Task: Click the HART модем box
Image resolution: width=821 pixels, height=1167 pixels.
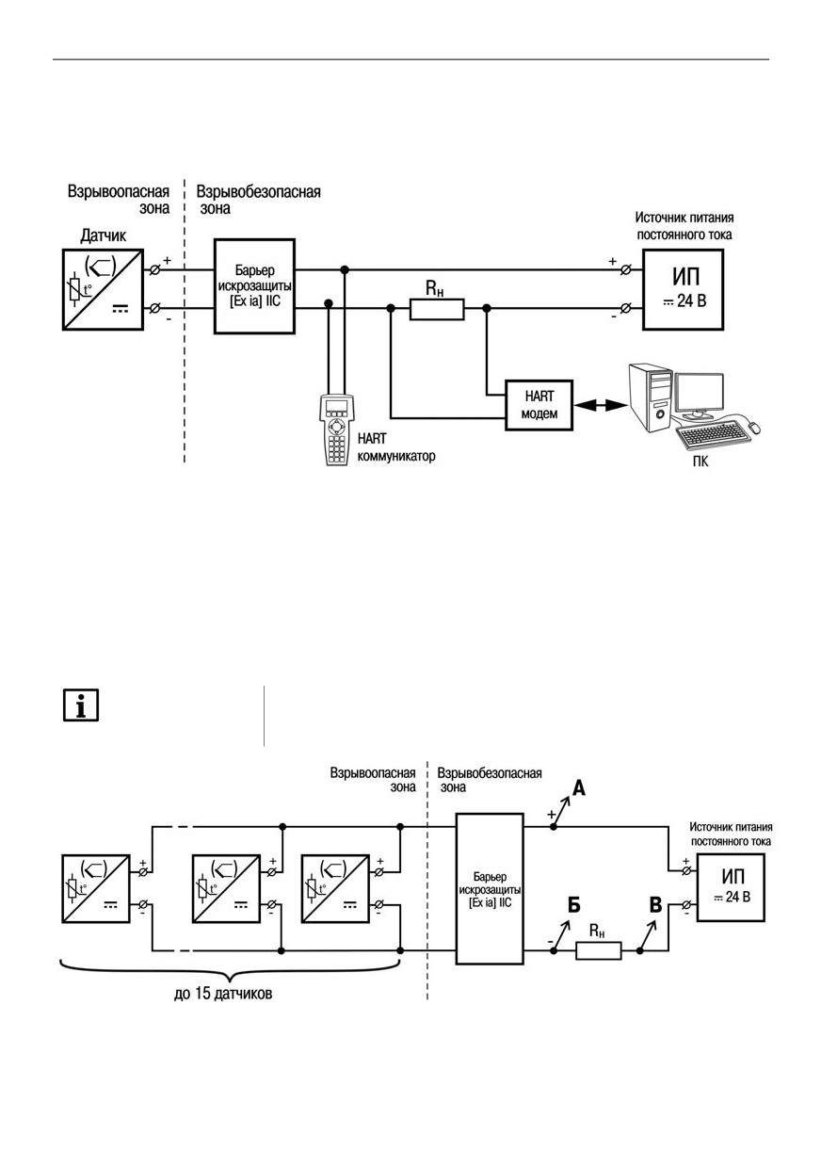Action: (539, 405)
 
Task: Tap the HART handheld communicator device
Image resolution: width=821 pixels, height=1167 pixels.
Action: (337, 430)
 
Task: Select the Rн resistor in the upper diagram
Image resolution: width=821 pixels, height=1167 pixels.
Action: (437, 309)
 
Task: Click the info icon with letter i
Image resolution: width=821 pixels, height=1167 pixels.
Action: (81, 705)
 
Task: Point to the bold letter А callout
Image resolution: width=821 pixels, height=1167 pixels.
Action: (579, 787)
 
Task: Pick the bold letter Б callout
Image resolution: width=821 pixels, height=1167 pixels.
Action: (573, 905)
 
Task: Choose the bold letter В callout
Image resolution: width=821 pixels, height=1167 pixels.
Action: (655, 904)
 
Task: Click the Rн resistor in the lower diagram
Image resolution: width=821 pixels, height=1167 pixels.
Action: (598, 950)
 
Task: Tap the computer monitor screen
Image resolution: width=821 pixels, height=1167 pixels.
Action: (700, 392)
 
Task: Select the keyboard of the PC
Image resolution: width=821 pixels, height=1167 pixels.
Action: (714, 438)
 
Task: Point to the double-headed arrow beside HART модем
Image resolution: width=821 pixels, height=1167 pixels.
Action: (601, 405)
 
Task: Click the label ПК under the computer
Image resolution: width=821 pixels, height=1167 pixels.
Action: (700, 462)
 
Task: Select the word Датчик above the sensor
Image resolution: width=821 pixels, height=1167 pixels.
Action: (104, 236)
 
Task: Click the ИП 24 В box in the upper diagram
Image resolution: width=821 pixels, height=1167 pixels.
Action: (683, 289)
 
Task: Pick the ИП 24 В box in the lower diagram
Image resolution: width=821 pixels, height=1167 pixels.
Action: (731, 887)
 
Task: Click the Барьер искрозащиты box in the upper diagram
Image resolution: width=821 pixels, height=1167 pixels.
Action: (255, 286)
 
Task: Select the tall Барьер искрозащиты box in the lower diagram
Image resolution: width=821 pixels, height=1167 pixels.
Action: (490, 888)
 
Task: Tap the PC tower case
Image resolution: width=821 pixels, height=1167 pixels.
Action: (649, 397)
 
